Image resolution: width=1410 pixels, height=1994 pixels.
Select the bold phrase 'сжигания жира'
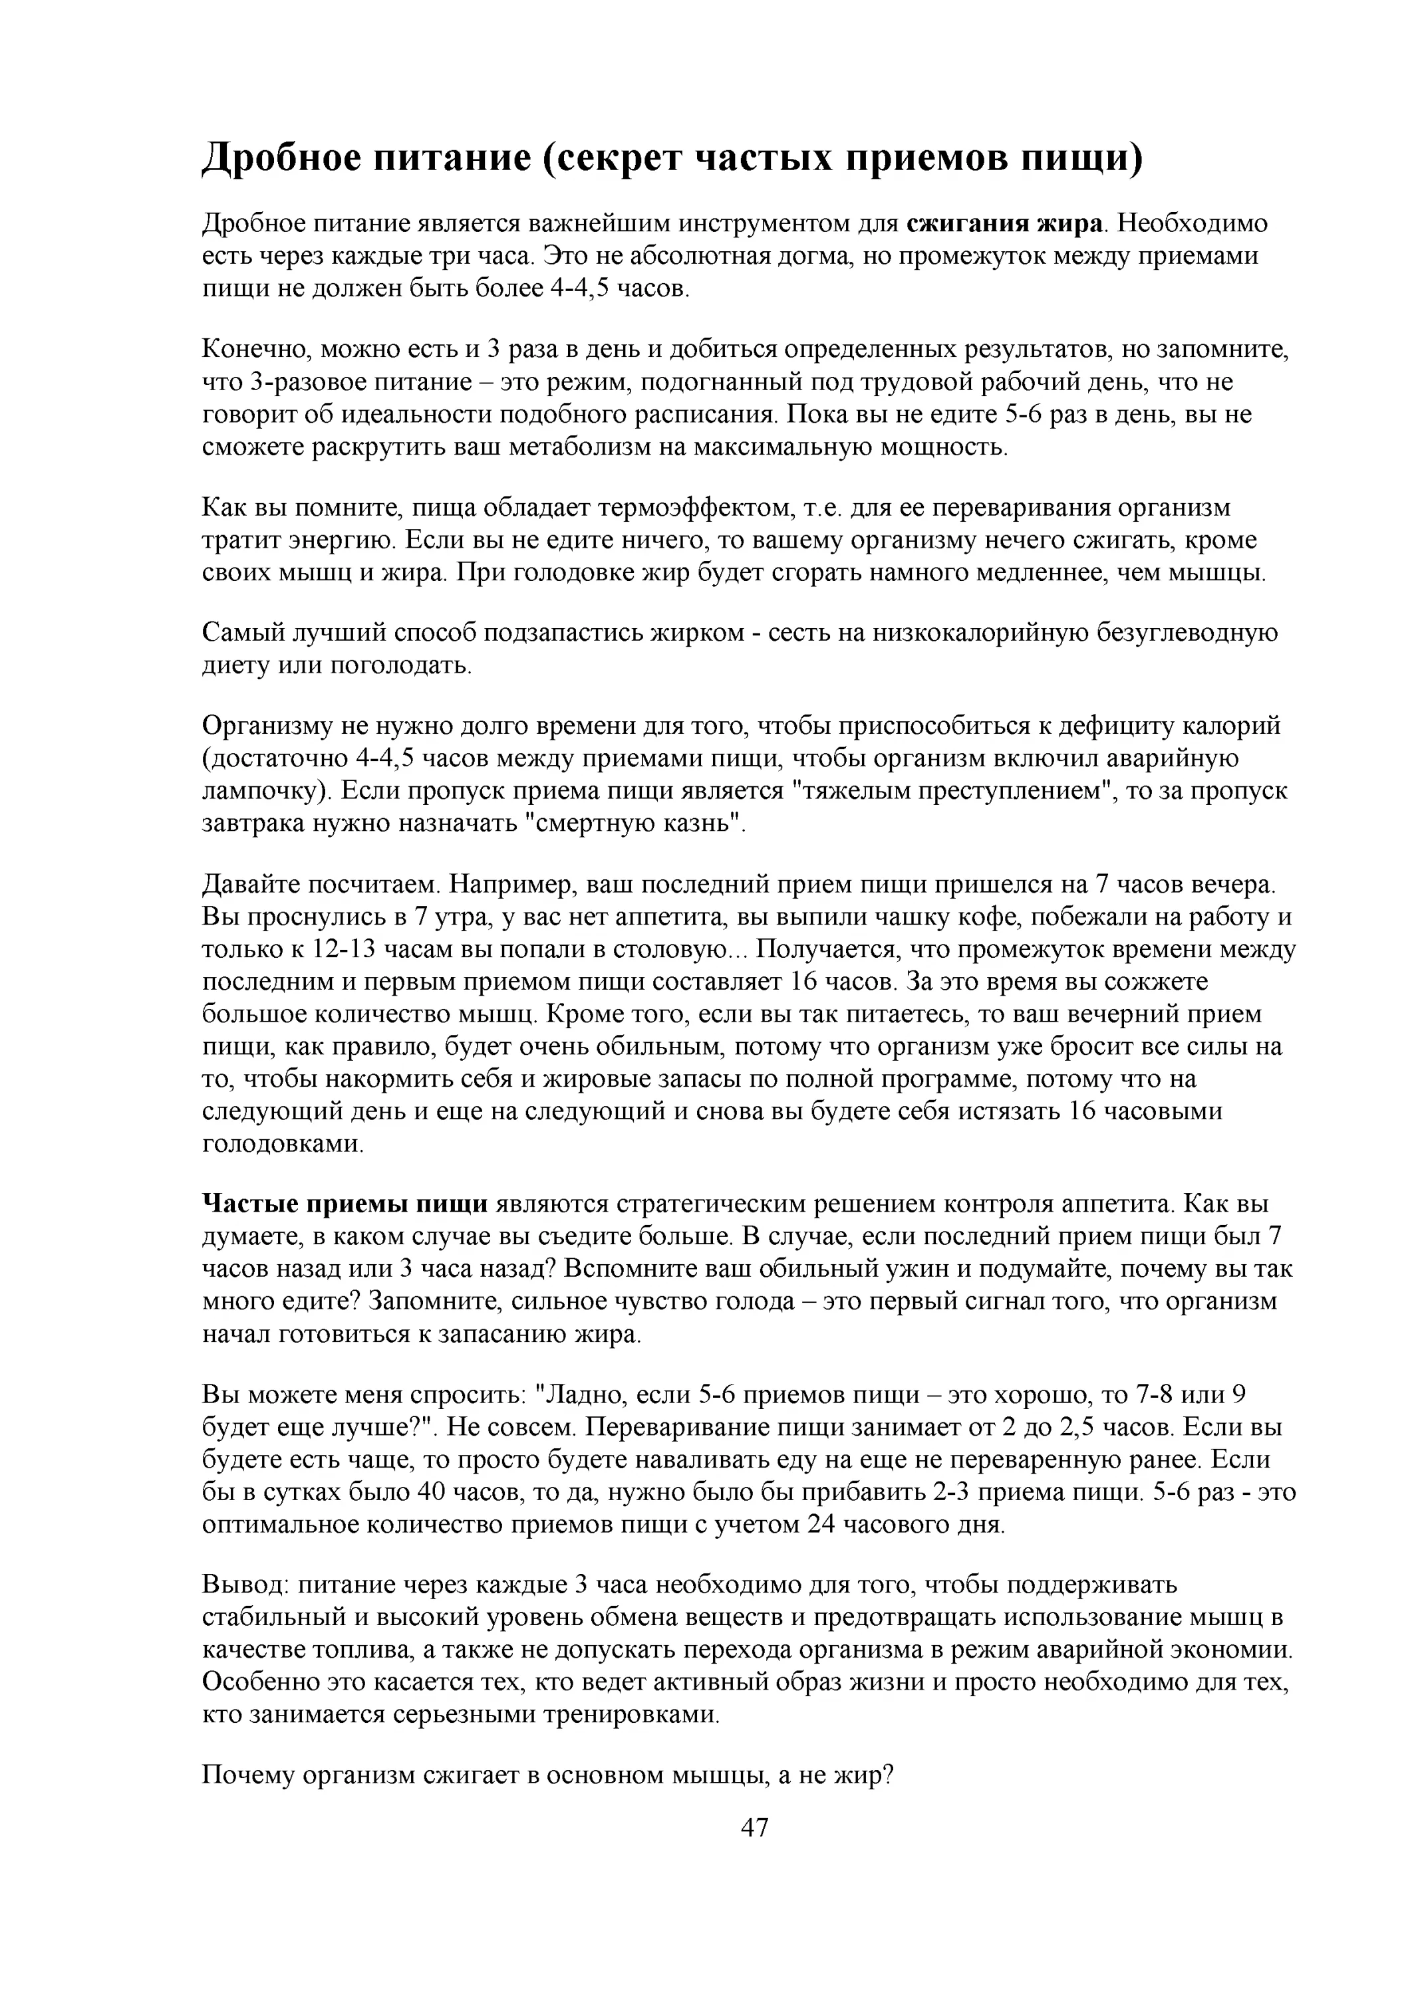pos(1004,224)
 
